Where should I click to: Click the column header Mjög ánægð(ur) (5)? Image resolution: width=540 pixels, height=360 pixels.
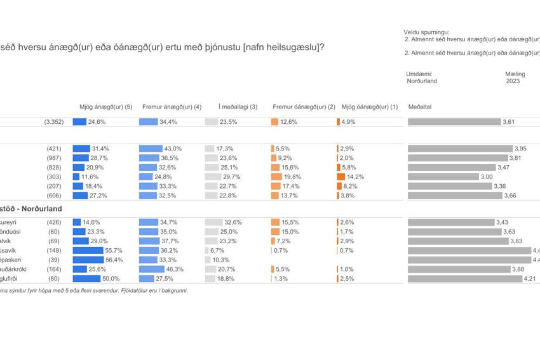(105, 107)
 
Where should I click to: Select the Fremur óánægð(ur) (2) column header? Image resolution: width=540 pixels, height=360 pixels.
(304, 107)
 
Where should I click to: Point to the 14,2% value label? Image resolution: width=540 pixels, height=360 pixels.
(356, 177)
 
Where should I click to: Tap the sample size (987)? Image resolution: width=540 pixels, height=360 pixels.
(54, 157)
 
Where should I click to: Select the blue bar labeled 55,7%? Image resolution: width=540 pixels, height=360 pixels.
(88, 250)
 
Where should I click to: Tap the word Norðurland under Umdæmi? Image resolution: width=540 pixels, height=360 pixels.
(422, 81)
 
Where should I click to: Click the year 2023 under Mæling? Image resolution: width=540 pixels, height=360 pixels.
(513, 81)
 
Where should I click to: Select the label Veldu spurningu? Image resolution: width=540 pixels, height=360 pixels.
(426, 32)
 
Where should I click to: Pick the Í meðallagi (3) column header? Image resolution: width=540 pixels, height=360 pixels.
(238, 107)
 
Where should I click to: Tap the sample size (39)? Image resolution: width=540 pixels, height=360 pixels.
(55, 260)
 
